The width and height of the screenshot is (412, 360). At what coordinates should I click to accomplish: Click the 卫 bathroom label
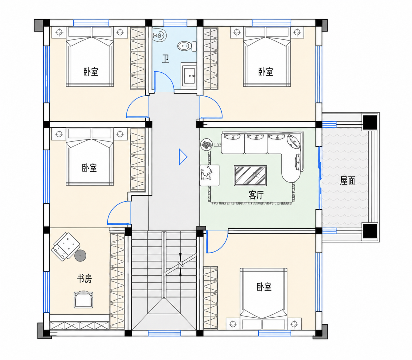[166, 59]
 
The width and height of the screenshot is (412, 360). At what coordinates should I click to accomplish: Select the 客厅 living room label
[256, 195]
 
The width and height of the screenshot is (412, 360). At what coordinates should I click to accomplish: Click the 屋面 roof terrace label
[347, 180]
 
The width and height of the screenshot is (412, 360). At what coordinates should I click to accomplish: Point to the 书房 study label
[84, 279]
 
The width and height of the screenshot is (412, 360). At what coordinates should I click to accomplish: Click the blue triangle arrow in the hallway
[183, 157]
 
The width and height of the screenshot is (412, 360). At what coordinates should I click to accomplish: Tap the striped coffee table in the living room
[250, 176]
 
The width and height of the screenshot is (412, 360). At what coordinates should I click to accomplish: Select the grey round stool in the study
[80, 256]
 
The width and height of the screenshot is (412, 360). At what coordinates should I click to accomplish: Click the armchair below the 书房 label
[83, 300]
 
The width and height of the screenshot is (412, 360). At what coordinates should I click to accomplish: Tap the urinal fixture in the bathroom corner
[159, 35]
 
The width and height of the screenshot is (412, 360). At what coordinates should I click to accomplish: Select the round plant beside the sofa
[206, 145]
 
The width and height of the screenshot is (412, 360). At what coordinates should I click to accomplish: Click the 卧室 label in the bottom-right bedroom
[264, 287]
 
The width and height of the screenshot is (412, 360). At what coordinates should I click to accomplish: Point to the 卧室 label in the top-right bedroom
[266, 72]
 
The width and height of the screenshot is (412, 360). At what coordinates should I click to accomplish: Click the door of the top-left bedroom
[137, 106]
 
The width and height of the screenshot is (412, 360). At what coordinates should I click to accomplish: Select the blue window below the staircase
[164, 333]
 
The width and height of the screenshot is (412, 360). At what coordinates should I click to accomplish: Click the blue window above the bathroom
[175, 23]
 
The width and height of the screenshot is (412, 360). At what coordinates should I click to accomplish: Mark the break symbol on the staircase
[180, 264]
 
